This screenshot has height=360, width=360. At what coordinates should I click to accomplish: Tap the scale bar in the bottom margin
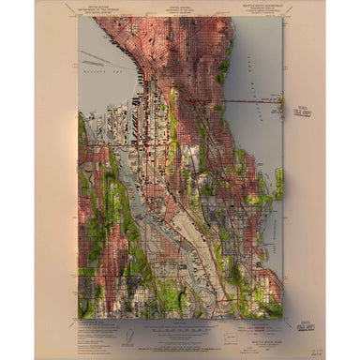click(178, 327)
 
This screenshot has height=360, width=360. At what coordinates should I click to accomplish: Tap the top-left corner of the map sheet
click(79, 17)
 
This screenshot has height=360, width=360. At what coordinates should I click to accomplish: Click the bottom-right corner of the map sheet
click(282, 319)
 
